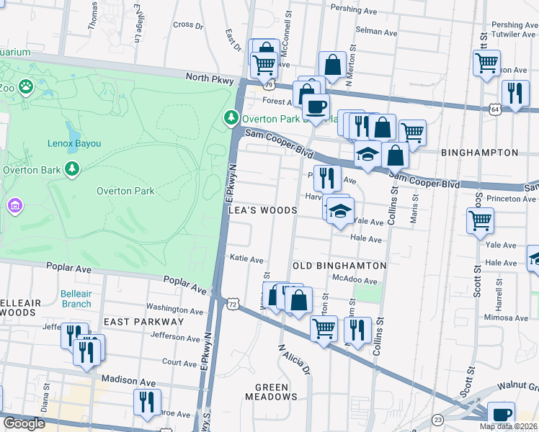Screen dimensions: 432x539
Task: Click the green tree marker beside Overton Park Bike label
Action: tap(231, 116)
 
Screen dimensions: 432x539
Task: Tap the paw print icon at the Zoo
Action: tap(26, 86)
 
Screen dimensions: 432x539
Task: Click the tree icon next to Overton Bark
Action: tap(71, 168)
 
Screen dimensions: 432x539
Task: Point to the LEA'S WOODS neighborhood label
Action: tap(262, 210)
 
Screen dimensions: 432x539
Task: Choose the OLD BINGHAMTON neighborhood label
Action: tap(339, 266)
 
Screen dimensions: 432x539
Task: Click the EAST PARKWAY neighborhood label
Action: tap(143, 322)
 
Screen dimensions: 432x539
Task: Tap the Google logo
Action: tap(24, 423)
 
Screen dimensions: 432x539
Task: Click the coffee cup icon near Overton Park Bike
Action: tap(315, 107)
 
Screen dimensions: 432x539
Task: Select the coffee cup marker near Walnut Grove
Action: tap(501, 415)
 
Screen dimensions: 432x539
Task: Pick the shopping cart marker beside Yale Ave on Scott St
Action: tap(481, 220)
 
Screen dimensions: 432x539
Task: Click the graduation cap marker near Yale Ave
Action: tap(340, 211)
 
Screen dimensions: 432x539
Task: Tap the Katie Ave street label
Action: tap(246, 259)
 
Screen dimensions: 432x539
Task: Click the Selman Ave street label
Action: tap(377, 32)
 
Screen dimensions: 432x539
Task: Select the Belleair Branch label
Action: tap(76, 299)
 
